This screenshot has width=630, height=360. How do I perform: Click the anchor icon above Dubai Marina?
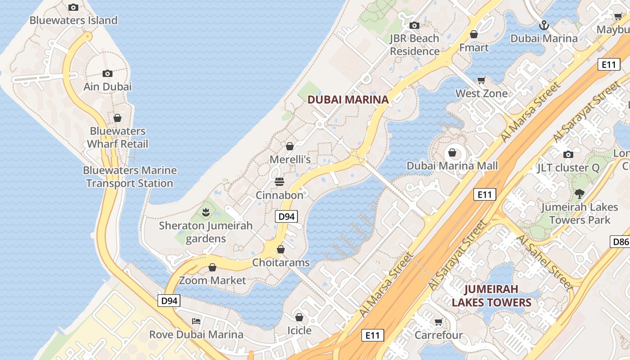[x=544, y=25]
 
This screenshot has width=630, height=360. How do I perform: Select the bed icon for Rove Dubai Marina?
[x=196, y=321]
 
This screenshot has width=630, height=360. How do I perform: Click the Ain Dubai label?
[x=108, y=86]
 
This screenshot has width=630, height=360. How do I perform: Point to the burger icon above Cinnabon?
[x=279, y=182]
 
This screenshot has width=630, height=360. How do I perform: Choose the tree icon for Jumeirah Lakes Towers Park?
[x=579, y=194]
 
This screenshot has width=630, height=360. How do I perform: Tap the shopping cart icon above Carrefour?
[x=439, y=322]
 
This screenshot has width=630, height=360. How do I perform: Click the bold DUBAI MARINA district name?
[x=348, y=99]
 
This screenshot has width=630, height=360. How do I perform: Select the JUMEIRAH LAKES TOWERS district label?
[x=491, y=295]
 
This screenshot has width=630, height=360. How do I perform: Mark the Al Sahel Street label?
[x=544, y=262]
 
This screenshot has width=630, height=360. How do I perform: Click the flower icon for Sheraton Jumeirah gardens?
[x=206, y=211]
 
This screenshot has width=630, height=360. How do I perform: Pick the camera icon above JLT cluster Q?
[x=568, y=154]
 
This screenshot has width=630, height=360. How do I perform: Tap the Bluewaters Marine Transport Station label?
[x=130, y=177]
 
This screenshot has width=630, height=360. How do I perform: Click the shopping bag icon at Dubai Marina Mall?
[x=452, y=153]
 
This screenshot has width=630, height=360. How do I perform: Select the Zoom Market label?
[x=212, y=280]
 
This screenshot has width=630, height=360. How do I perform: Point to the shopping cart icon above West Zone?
[x=481, y=80]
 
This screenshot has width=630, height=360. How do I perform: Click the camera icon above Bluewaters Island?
[x=73, y=7]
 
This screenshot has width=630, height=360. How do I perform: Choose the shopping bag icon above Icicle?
[x=299, y=317]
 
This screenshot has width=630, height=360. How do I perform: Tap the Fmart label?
[x=474, y=47]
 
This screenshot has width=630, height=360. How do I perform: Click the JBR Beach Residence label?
[x=414, y=45]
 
